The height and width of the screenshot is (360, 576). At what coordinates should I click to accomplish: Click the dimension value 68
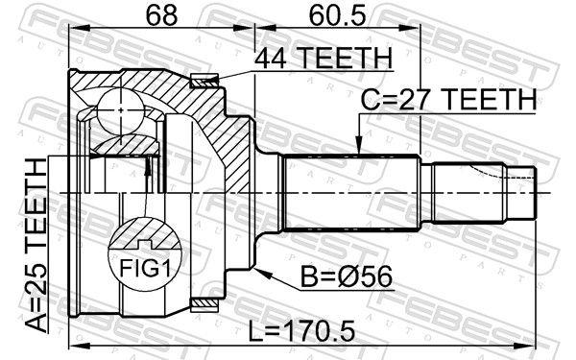coord(161,15)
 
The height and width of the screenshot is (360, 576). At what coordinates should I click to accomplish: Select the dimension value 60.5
coord(337,15)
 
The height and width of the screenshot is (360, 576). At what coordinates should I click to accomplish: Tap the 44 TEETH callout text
coord(324,59)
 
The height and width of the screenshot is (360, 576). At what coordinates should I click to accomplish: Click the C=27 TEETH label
coord(448,100)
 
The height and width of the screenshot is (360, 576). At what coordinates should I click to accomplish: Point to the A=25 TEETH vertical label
coord(36,246)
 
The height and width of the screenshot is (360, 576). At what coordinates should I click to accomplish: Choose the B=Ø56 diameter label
coord(347,277)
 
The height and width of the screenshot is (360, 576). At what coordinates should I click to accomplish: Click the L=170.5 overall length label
coord(301,331)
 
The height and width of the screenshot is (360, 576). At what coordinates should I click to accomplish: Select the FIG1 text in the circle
coord(146,269)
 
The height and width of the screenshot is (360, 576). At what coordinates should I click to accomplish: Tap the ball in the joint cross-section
coord(120,109)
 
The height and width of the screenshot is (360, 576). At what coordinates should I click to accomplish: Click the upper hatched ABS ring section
coord(204,81)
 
